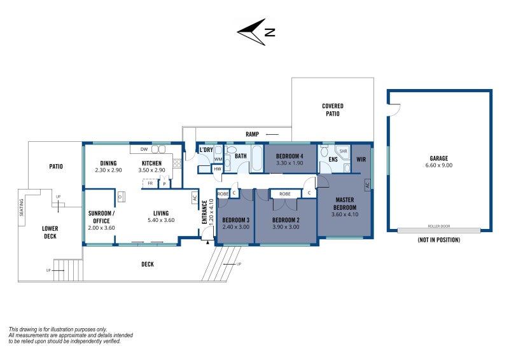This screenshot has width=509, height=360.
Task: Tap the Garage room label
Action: tap(438, 158)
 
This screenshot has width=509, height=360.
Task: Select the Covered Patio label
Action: tap(333, 110)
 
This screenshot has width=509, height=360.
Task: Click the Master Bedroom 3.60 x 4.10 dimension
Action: tap(345, 214)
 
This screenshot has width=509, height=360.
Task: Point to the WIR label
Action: tap(361, 160)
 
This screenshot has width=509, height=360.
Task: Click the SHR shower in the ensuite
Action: tap(343, 151)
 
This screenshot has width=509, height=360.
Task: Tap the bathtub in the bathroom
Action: tap(257, 158)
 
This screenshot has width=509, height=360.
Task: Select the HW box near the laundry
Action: tap(217, 169)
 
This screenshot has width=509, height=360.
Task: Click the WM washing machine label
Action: tap(218, 159)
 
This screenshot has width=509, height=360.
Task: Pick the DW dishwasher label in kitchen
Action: tap(144, 149)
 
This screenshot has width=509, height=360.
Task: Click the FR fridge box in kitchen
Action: tap(150, 183)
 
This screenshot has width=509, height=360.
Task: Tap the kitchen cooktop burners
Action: tap(177, 163)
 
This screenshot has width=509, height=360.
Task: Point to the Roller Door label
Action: tap(439, 226)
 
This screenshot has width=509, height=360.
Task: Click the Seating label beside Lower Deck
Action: tap(22, 207)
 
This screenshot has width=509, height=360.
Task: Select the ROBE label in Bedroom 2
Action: tap(284, 194)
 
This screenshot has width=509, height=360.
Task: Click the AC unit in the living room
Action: tap(195, 198)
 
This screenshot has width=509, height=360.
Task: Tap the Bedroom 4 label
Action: tap(289, 156)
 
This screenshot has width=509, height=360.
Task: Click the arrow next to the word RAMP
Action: tap(272, 134)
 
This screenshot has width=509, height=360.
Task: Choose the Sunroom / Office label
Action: tap(101, 217)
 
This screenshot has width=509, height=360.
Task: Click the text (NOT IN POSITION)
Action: tap(439, 240)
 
